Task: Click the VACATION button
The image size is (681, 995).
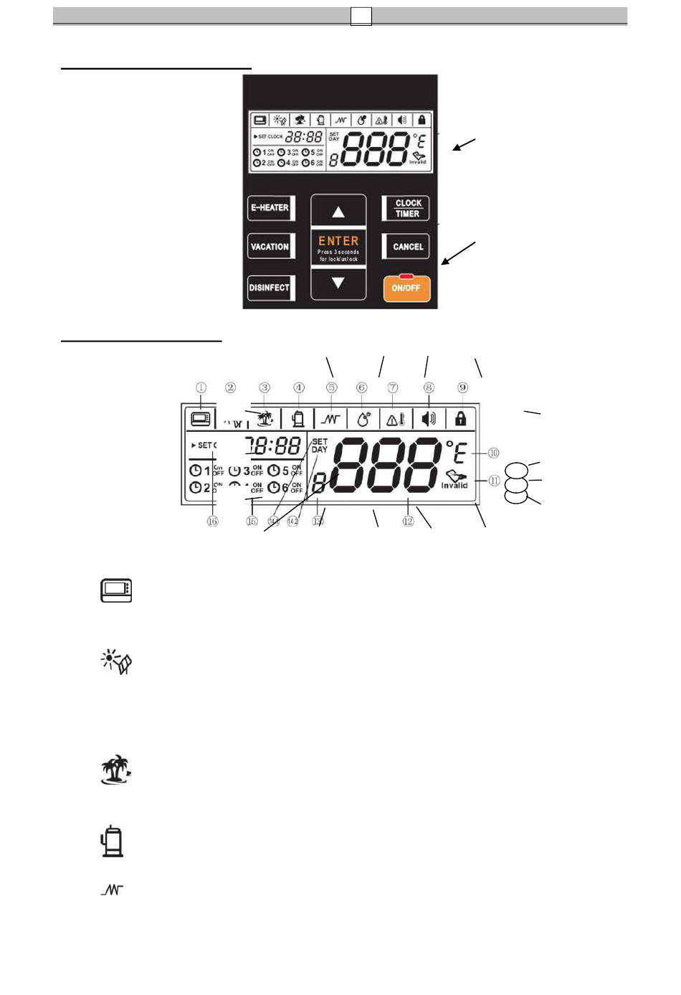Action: click(x=270, y=247)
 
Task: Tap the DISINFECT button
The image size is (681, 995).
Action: click(x=270, y=288)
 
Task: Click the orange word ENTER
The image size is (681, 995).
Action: click(x=338, y=241)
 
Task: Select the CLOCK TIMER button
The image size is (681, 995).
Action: click(x=407, y=208)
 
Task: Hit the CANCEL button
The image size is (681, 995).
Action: click(x=407, y=247)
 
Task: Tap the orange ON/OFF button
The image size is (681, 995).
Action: click(x=406, y=288)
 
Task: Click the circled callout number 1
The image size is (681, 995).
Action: click(x=201, y=387)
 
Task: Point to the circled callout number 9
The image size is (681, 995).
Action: click(x=462, y=387)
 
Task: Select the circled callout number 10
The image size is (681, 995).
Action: click(x=494, y=453)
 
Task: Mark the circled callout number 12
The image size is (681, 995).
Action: click(x=408, y=521)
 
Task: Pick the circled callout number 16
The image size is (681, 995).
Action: click(x=212, y=521)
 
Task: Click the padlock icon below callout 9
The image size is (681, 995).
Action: click(x=460, y=418)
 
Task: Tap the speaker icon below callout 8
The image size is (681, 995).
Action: click(x=429, y=418)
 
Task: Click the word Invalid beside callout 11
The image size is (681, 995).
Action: click(x=454, y=486)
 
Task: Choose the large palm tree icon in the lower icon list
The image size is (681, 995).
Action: click(x=115, y=770)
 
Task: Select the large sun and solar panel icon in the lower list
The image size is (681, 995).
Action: click(x=116, y=661)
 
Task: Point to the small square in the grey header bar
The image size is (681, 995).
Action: click(x=361, y=16)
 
